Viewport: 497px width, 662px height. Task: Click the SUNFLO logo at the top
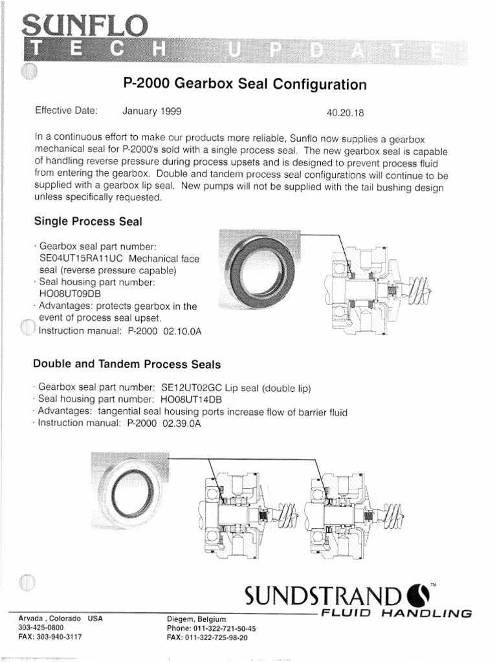(85, 27)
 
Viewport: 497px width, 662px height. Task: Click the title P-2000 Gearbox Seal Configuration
(245, 85)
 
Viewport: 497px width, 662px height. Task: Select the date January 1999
(152, 111)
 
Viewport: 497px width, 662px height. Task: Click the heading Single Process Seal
(87, 221)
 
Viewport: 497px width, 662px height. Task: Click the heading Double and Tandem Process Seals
(127, 364)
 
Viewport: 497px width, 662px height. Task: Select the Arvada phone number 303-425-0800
(41, 627)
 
